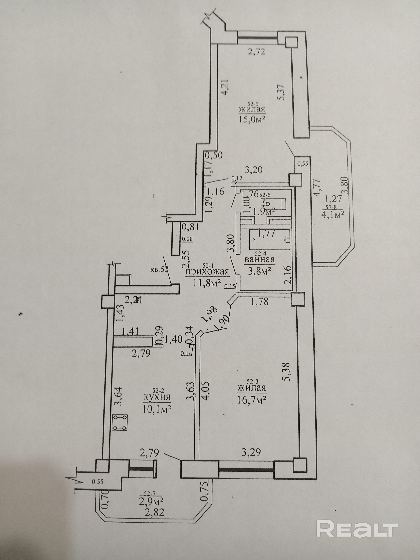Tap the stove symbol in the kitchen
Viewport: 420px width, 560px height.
click(x=120, y=422)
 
